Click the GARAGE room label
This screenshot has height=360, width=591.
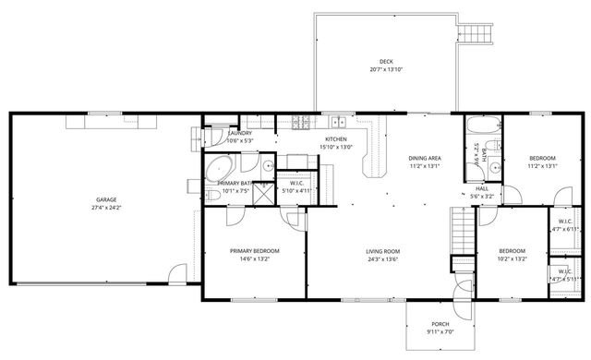tap(105, 199)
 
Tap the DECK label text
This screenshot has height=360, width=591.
tap(386, 61)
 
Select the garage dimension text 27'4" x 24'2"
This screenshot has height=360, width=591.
tap(105, 208)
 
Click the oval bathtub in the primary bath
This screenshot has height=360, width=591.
tap(219, 168)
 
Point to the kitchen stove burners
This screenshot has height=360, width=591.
tap(301, 121)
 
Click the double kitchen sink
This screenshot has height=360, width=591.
tap(339, 121)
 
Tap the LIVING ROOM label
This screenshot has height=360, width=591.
tap(382, 250)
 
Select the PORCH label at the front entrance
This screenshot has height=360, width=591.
tap(440, 324)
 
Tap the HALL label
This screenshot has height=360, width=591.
tap(482, 188)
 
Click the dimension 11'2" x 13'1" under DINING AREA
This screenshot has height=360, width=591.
tap(424, 166)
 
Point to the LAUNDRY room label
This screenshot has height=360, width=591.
tap(239, 133)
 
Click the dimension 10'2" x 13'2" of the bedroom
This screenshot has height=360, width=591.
tap(512, 258)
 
